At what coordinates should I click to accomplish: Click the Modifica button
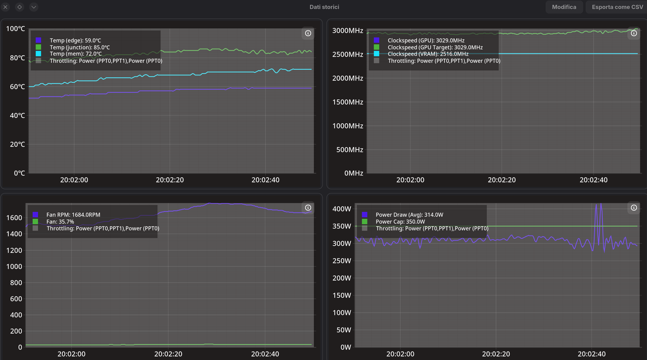tap(564, 7)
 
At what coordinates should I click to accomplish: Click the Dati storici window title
tap(324, 7)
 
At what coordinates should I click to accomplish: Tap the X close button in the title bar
tap(6, 7)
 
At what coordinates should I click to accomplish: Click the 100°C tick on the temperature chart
tap(15, 29)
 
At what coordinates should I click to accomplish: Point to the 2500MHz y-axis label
tap(347, 54)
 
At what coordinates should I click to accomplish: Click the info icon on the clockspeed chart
tap(634, 33)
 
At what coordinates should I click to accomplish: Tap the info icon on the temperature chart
tap(308, 33)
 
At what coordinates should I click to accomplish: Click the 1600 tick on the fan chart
tap(14, 218)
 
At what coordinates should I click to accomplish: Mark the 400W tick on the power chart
tap(342, 209)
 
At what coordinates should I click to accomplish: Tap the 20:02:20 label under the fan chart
tap(168, 354)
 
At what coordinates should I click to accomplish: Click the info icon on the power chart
tap(634, 208)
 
